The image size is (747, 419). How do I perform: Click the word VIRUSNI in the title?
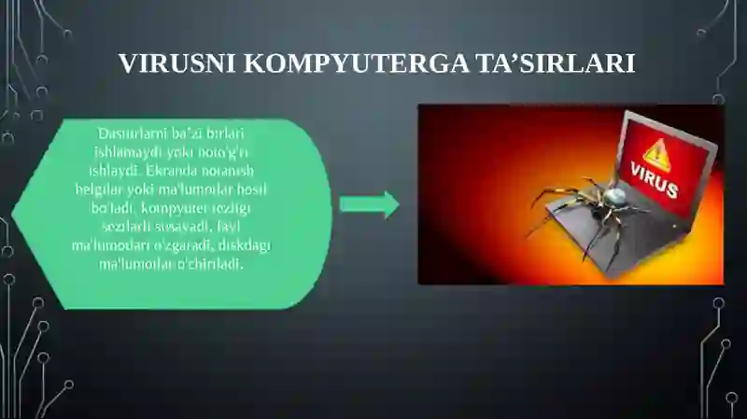(177, 63)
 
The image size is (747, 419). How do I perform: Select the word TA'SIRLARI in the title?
(559, 63)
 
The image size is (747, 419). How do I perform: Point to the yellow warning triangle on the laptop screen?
(655, 154)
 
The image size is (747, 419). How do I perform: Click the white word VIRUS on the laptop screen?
(654, 181)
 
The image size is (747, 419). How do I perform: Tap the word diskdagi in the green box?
(245, 244)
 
